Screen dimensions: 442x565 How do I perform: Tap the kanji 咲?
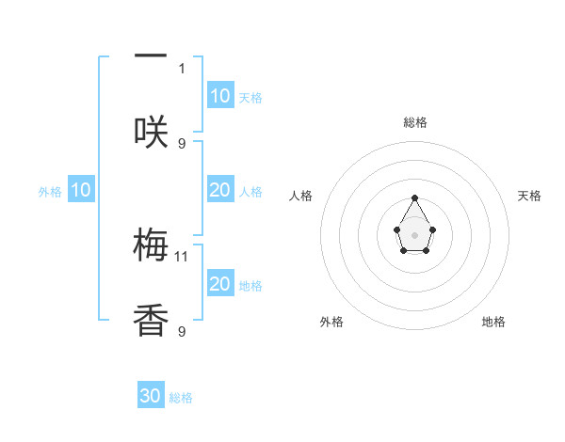[151, 132]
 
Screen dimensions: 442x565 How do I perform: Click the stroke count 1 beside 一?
[182, 68]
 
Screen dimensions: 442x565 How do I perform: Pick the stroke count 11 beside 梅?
[183, 256]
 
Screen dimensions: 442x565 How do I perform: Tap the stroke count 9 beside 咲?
[182, 143]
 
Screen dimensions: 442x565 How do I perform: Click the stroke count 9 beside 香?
[182, 331]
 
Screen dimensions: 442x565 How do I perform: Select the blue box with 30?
[151, 396]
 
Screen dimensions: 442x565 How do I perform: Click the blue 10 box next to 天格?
[220, 96]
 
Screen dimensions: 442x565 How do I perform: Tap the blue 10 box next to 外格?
[81, 190]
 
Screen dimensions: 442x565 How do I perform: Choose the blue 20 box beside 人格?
[220, 190]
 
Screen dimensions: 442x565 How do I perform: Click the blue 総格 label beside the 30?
[181, 398]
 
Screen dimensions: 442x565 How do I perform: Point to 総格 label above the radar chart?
[414, 122]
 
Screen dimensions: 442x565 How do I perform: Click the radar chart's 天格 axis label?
[529, 196]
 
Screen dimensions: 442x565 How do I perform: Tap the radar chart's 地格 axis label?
[493, 322]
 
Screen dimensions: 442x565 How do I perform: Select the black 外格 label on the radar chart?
[331, 322]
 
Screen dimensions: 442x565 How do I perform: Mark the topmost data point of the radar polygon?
[414, 197]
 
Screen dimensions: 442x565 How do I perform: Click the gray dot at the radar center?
[414, 234]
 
